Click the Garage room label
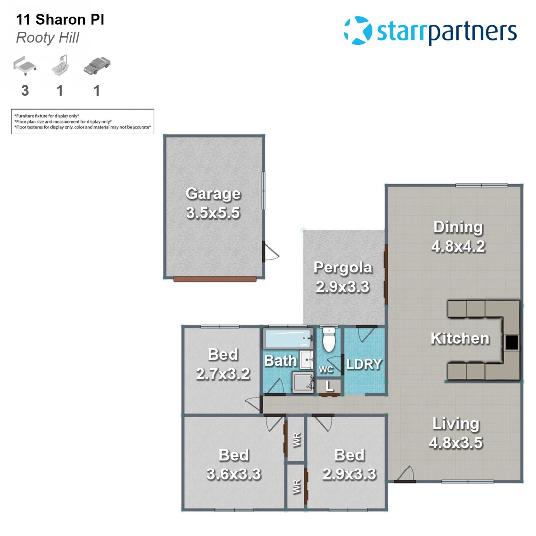point(213,194)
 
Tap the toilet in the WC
point(329,339)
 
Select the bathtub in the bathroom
point(288,338)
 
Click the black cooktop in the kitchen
point(512,342)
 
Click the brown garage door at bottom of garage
point(215,279)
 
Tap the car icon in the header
point(97,66)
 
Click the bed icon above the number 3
point(25,66)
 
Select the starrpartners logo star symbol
point(358,30)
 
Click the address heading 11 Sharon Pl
point(60,19)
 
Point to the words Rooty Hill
point(48,38)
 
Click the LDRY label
point(364,364)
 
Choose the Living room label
point(456,424)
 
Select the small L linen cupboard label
point(329,386)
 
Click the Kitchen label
point(460,338)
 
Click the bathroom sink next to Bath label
point(306,360)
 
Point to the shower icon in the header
point(61,66)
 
